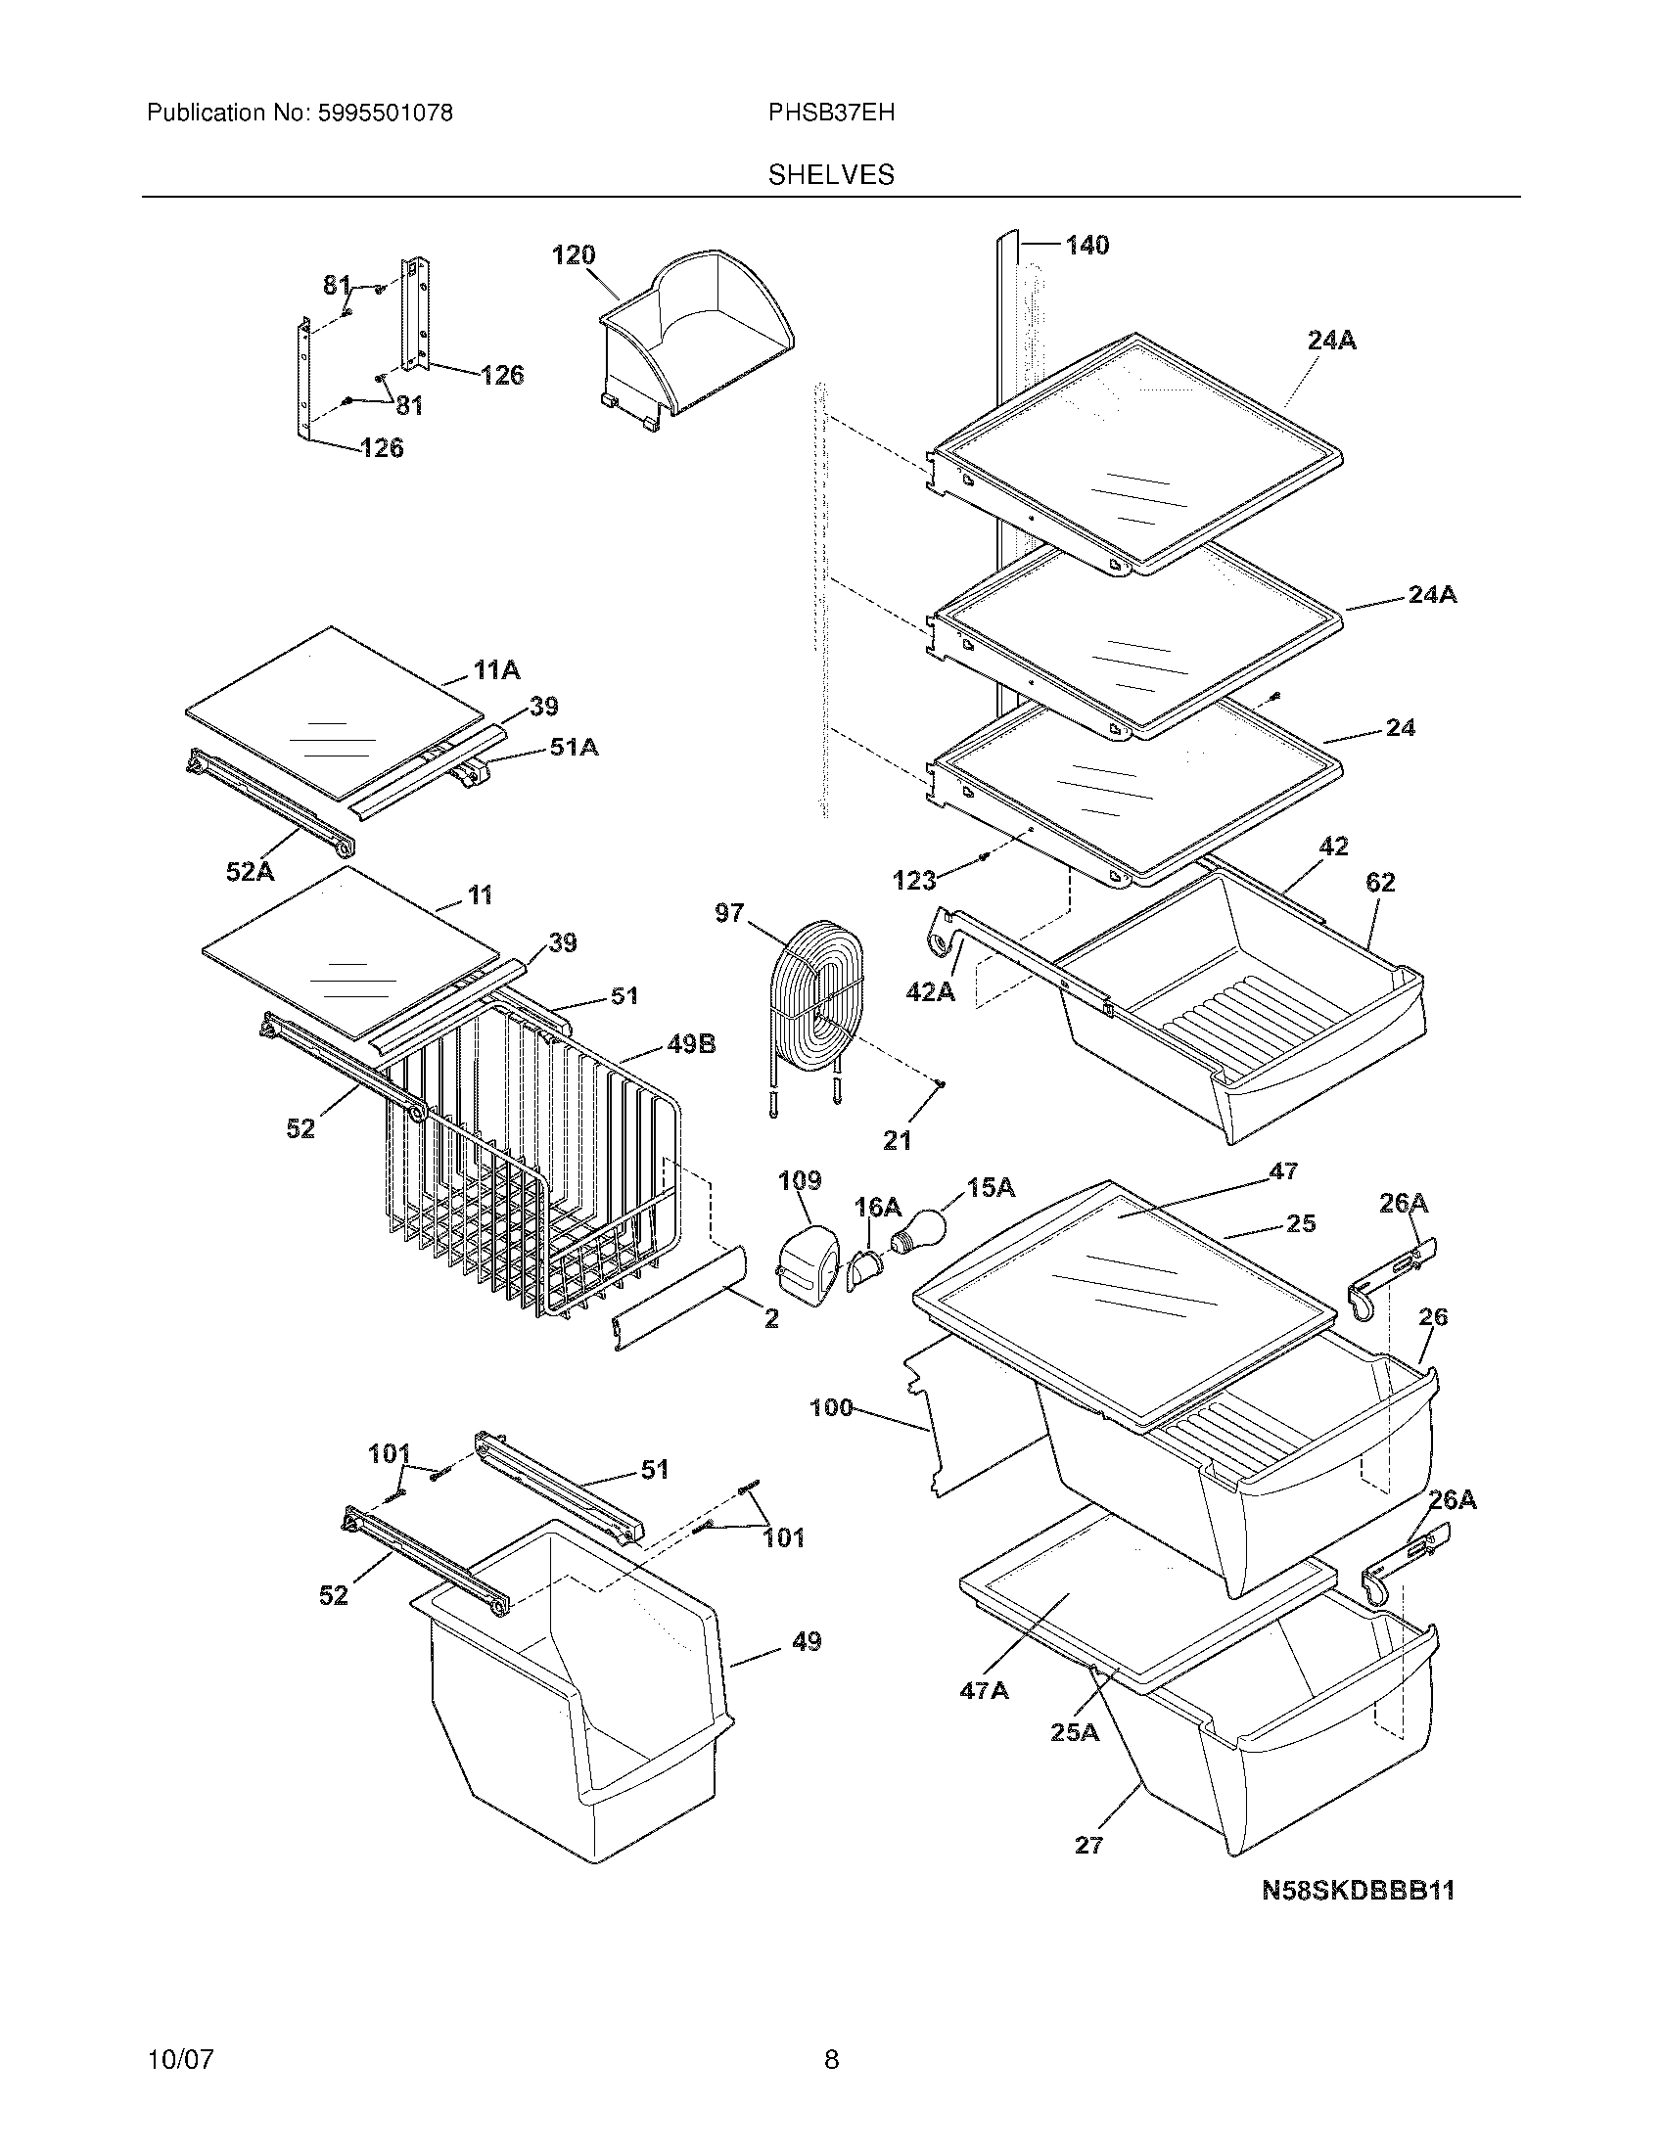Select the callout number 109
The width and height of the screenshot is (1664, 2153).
[x=799, y=1180]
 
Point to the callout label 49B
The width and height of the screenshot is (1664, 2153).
[x=691, y=1044]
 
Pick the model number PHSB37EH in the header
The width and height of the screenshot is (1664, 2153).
[x=831, y=113]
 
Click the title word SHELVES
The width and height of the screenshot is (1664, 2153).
[x=831, y=174]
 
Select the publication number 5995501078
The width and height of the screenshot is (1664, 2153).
[x=386, y=113]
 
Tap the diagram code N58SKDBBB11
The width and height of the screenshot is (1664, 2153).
[x=1359, y=1890]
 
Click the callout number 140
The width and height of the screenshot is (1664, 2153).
[x=1086, y=245]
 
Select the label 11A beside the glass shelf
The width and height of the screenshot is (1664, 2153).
[x=496, y=671]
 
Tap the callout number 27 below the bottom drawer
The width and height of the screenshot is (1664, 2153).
[x=1088, y=1845]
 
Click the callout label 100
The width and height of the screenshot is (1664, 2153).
[x=830, y=1407]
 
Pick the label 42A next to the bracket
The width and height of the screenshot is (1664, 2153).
[x=931, y=991]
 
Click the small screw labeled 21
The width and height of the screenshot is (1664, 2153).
[x=942, y=1084]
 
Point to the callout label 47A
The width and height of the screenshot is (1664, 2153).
[x=984, y=1691]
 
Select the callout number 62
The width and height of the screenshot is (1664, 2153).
[x=1380, y=883]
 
